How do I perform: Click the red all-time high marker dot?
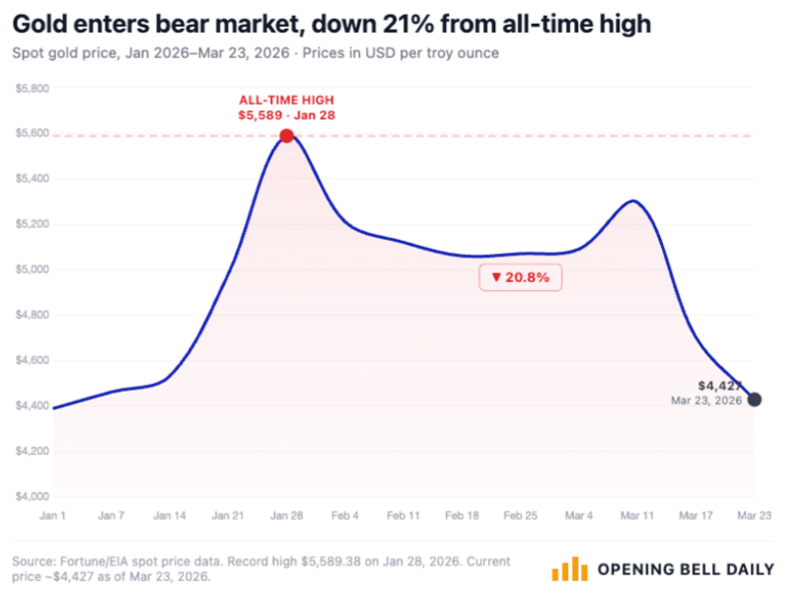pos(286,135)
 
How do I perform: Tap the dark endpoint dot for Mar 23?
pos(755,400)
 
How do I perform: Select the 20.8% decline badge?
pos(520,278)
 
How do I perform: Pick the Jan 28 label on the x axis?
pos(285,515)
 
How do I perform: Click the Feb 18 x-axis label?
pos(462,515)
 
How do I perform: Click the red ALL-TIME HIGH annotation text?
pos(285,100)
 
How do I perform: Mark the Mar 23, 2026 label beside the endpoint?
pos(706,401)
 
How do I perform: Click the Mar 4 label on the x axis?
pos(579,515)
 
